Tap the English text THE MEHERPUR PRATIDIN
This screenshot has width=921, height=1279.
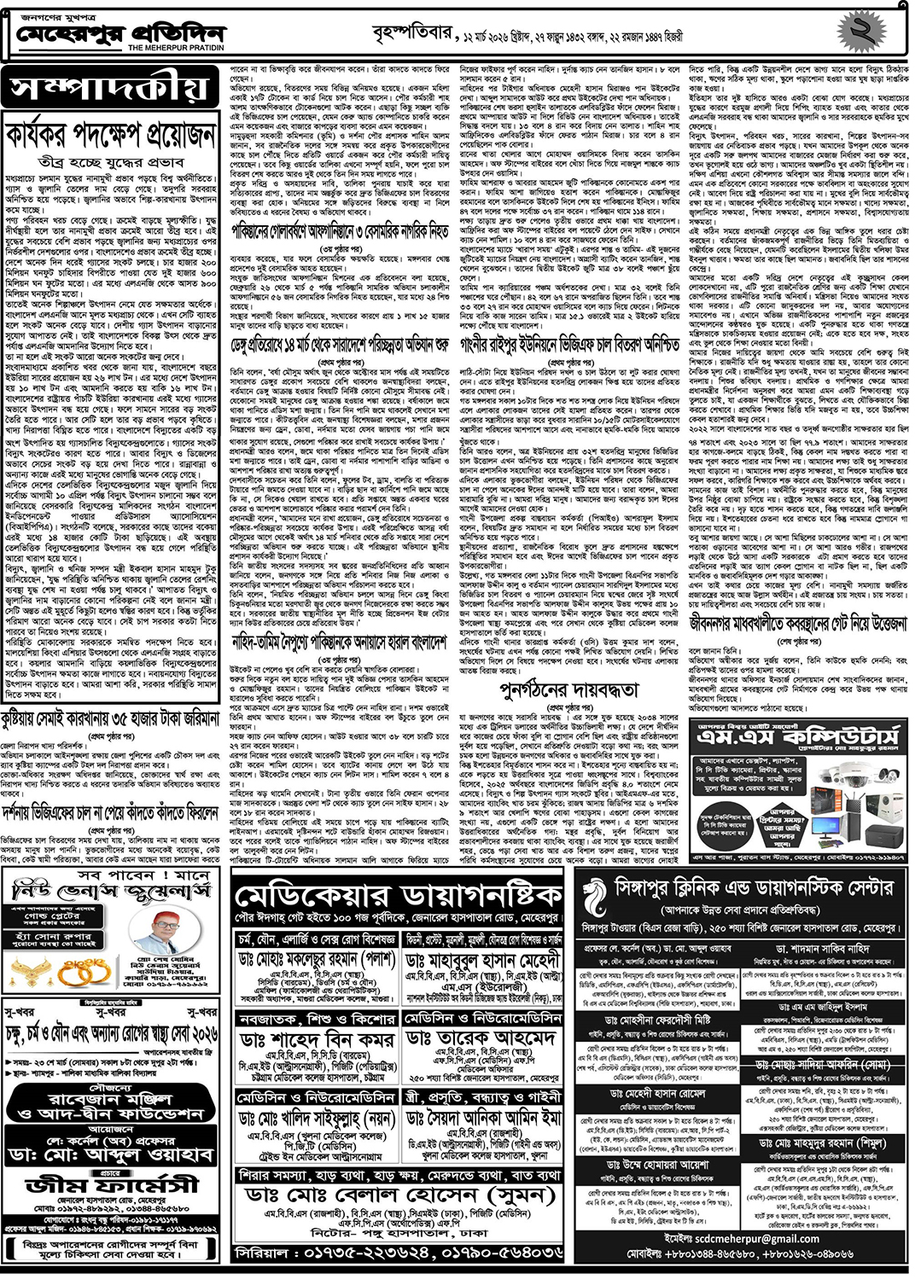point(177,49)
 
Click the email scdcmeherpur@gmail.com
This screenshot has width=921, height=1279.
point(742,1238)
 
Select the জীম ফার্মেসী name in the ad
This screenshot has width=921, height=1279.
point(112,1185)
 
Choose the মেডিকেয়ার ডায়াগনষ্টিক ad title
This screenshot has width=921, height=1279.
point(398,896)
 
